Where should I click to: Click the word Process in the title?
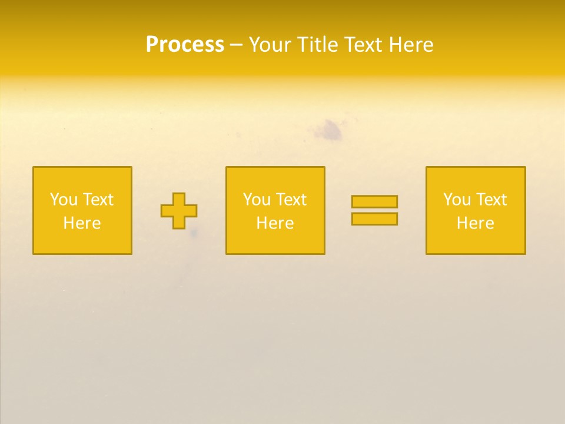[x=185, y=45]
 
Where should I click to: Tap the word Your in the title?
[x=270, y=45]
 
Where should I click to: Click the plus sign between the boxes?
[x=179, y=211]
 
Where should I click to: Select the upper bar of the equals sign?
[x=374, y=201]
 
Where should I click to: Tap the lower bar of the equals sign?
[x=374, y=219]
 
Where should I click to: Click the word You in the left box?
[x=64, y=200]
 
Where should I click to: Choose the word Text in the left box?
[x=98, y=200]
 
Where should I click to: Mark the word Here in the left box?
[x=82, y=223]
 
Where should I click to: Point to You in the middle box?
[x=257, y=200]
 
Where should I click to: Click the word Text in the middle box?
[x=291, y=200]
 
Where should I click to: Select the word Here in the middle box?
[x=275, y=223]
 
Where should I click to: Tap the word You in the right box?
[x=457, y=200]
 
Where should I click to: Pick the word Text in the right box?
[x=491, y=200]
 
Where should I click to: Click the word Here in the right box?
[x=475, y=223]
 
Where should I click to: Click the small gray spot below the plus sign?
[x=194, y=234]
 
